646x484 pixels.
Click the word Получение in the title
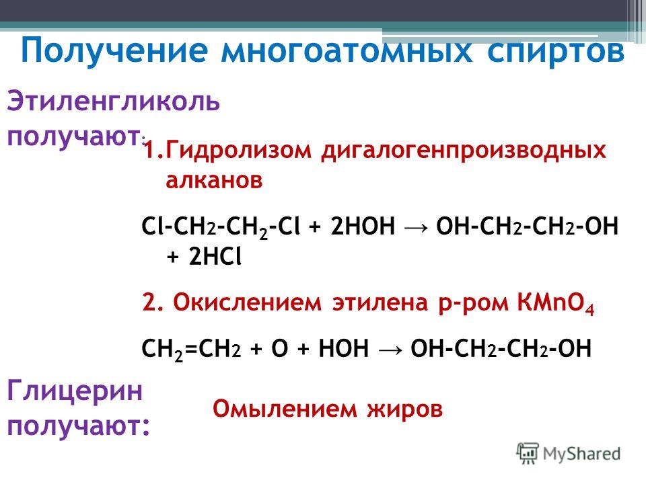click(114, 51)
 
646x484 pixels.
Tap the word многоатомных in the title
click(347, 51)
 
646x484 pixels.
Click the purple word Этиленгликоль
click(113, 102)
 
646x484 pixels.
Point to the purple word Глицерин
click(75, 391)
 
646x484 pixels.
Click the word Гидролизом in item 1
click(238, 150)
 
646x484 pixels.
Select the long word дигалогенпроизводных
click(464, 151)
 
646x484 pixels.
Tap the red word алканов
click(214, 180)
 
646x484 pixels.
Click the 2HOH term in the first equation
click(363, 226)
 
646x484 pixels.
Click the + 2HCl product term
click(204, 257)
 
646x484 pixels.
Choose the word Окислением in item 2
click(247, 302)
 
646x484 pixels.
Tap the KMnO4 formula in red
click(556, 304)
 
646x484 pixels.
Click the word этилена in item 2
click(380, 303)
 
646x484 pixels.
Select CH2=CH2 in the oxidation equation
click(190, 350)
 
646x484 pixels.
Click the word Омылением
click(285, 409)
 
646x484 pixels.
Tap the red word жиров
click(404, 410)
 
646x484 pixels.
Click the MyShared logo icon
click(528, 454)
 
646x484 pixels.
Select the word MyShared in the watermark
click(581, 454)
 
